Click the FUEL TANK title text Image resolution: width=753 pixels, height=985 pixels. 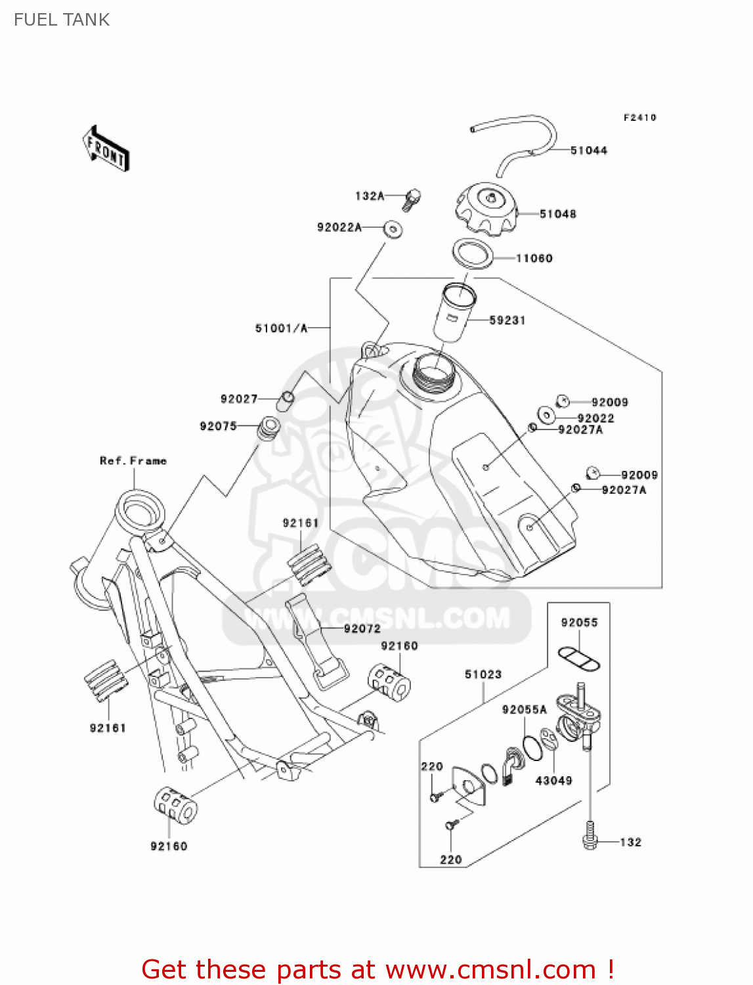[x=62, y=20]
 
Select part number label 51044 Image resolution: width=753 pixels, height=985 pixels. [x=588, y=150]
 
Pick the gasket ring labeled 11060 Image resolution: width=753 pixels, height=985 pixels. [x=472, y=253]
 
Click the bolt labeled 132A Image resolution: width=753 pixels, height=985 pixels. [x=412, y=198]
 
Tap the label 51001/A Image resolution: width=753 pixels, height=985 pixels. [x=281, y=328]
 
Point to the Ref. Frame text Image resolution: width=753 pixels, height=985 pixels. [x=133, y=461]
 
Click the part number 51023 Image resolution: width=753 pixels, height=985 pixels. [x=483, y=674]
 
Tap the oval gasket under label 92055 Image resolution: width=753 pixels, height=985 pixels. [x=579, y=658]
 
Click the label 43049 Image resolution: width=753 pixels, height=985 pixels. [x=553, y=780]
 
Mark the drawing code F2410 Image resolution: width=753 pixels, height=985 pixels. [x=639, y=118]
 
